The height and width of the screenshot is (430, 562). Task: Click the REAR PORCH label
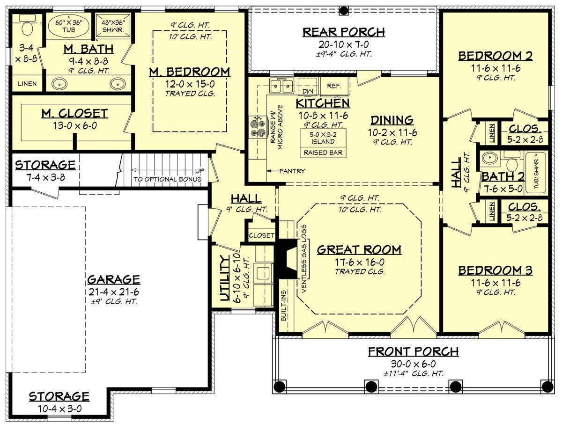coord(343,32)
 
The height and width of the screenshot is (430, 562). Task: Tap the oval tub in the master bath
coord(68,26)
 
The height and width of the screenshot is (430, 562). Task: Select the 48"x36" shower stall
coord(113,26)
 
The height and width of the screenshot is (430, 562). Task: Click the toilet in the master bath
coord(27,26)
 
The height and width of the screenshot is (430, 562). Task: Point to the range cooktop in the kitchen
coord(259,126)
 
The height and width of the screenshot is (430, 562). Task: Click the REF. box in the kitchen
coord(334,86)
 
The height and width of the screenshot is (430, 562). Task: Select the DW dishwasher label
coord(308,91)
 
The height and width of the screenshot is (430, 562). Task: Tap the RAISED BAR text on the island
coord(323,153)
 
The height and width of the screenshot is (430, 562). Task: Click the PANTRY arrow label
coord(286,171)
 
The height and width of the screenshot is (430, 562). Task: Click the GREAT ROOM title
coord(359,250)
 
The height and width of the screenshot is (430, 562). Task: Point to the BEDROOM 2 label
coord(495,56)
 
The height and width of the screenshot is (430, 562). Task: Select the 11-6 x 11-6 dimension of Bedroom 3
coord(495,283)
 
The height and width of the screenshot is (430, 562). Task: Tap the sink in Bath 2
coord(490,158)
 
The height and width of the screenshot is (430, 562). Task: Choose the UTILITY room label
coord(225,278)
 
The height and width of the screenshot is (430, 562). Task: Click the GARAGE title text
coord(113,279)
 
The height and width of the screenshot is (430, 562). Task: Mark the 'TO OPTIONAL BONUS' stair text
coord(167,179)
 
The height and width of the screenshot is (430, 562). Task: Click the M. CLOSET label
coord(75,113)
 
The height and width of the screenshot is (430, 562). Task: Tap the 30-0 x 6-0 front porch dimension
coord(413,364)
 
